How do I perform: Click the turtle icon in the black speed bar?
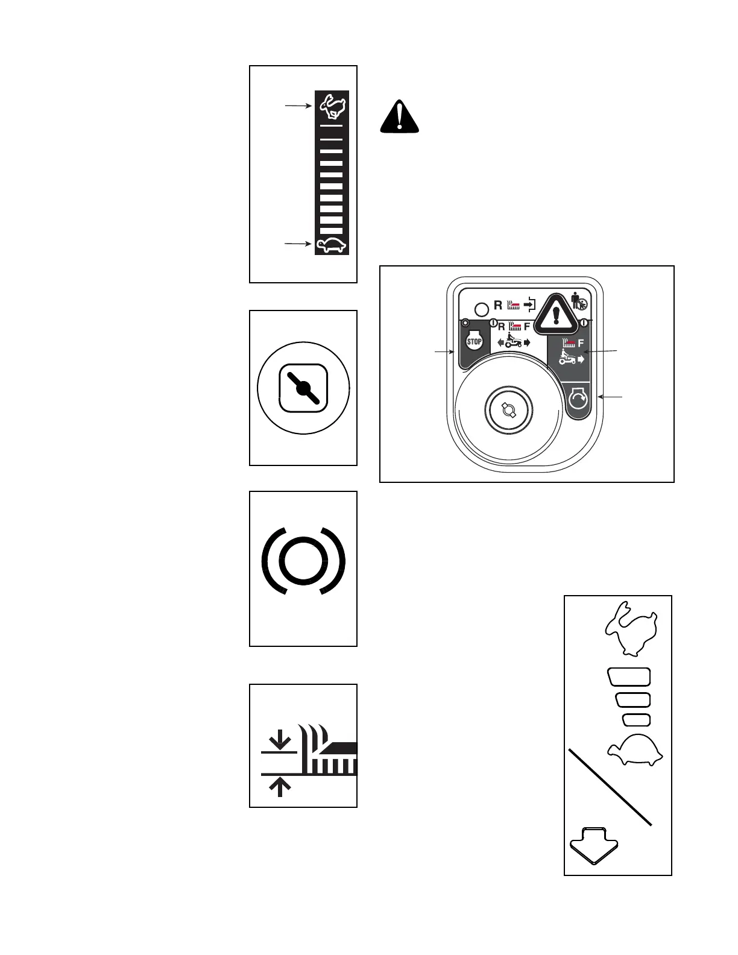[x=331, y=245]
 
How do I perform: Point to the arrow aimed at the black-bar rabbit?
[x=298, y=106]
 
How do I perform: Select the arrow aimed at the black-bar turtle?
[x=297, y=244]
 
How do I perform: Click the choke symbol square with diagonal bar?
[x=303, y=388]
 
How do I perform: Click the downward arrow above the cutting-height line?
[x=280, y=739]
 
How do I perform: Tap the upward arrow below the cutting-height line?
[x=280, y=786]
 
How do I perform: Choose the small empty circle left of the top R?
[x=482, y=310]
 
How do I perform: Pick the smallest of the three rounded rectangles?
[x=635, y=719]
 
